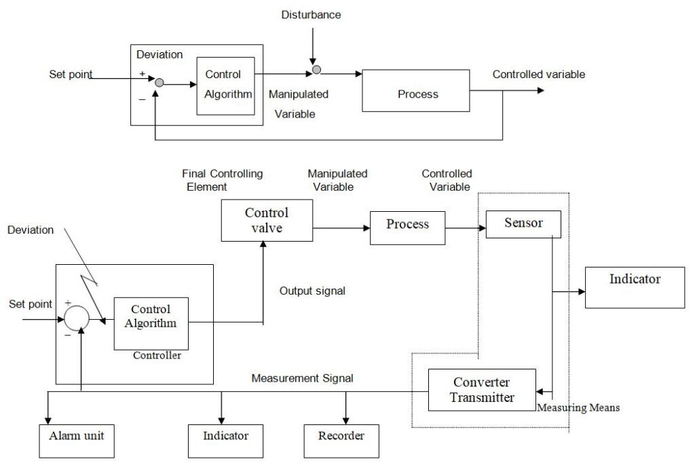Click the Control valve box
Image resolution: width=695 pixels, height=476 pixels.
pos(267,221)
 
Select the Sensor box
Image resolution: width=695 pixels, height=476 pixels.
pos(523,223)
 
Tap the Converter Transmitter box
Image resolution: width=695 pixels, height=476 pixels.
pos(482,390)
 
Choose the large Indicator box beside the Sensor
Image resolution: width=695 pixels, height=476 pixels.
pos(635,287)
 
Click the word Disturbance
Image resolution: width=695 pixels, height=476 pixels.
pos(312,15)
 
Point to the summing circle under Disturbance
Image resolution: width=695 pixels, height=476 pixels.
pos(316,70)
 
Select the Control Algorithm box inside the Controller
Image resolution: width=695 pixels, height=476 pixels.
pos(151,317)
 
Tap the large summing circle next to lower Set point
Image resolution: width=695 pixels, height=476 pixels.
pos(75,317)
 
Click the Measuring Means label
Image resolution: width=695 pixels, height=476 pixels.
pos(578,408)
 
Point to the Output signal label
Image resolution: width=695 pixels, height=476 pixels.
pos(312,291)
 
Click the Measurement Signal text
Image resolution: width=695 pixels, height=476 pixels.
pos(302,378)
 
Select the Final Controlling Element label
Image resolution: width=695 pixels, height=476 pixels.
pos(221,180)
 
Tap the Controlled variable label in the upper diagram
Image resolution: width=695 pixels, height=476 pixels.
pos(538,75)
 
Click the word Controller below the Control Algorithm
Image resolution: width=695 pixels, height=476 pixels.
pos(157,355)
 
